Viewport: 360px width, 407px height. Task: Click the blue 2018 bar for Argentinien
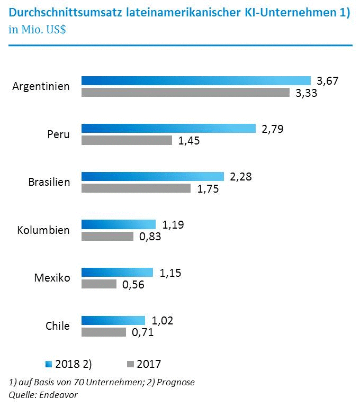(x=196, y=80)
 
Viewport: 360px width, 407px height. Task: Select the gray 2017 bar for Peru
(x=127, y=140)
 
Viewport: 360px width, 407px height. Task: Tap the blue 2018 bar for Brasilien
(x=152, y=176)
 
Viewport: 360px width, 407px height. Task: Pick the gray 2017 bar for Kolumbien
(x=107, y=236)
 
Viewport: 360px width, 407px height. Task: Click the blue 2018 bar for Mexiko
(x=117, y=272)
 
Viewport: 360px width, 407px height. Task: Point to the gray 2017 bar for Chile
(x=104, y=332)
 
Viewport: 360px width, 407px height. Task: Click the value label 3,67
(x=327, y=81)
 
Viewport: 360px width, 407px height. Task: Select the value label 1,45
(x=188, y=141)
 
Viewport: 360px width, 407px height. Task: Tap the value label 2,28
(x=240, y=176)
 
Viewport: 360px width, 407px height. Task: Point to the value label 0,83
(x=150, y=237)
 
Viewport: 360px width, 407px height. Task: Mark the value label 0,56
(x=133, y=285)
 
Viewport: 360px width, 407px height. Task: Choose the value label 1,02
(x=163, y=320)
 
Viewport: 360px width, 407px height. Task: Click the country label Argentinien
(x=41, y=86)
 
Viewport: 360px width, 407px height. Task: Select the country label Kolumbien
(x=43, y=230)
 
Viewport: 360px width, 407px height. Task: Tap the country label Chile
(x=58, y=326)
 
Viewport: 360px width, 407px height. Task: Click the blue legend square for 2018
(x=49, y=364)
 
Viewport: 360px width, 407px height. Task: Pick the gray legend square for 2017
(x=130, y=364)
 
